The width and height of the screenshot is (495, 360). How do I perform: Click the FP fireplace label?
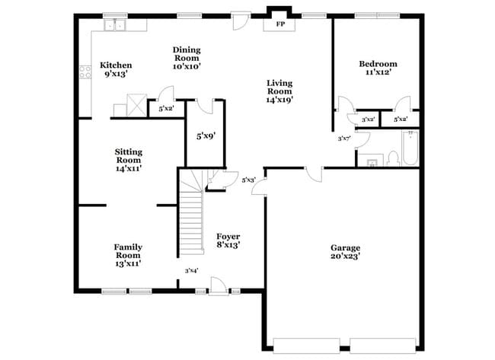point(279,24)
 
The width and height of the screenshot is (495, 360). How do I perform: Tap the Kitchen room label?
point(117,65)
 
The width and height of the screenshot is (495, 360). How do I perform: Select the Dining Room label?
point(186,53)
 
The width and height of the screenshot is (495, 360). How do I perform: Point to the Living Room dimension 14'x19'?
point(279,99)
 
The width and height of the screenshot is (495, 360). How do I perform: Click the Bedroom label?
point(378,64)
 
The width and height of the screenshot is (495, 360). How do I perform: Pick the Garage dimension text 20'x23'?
point(345,257)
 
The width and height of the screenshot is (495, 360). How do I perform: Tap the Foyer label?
point(228,237)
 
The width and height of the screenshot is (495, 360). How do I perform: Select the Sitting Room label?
point(128,155)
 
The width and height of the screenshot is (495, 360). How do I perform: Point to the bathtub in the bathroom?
point(410,148)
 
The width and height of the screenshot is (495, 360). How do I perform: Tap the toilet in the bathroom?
point(393,158)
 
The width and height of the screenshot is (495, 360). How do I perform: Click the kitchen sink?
point(117,25)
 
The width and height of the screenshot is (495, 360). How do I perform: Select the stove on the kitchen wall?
point(85,75)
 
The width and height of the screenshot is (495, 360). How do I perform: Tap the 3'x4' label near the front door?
point(191,270)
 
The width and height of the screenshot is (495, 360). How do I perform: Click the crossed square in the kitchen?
point(136,103)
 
